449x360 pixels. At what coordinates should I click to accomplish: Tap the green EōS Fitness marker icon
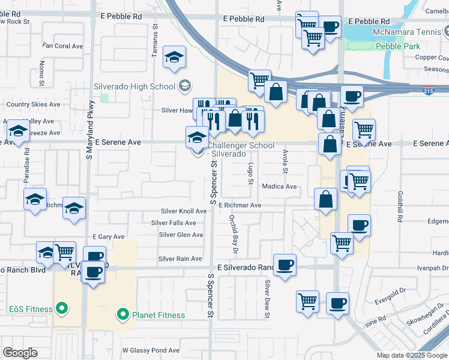click(x=61, y=310)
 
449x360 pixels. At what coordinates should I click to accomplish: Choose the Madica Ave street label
click(x=279, y=187)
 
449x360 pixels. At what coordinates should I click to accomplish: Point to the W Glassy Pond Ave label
click(x=151, y=350)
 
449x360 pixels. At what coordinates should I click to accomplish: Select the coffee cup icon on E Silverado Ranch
click(x=285, y=264)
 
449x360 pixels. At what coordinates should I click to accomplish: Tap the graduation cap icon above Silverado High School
click(x=174, y=57)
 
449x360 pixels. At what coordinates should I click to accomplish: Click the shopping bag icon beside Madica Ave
click(x=325, y=199)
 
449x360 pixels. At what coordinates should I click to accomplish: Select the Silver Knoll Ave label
click(x=184, y=211)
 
